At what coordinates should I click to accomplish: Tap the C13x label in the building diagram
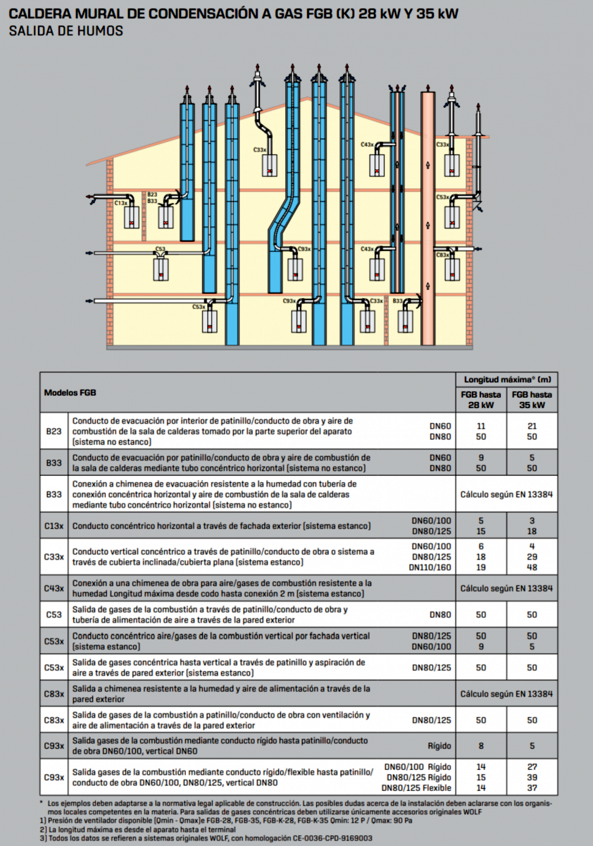pos(120,203)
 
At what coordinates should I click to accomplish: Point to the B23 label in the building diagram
pos(152,194)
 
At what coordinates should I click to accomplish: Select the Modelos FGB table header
pos(70,392)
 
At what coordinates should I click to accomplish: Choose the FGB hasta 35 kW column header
pos(532,400)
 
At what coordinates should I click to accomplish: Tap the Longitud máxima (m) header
pos(505,380)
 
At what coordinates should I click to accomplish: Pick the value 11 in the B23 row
pos(482,426)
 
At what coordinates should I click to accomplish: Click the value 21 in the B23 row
pos(532,426)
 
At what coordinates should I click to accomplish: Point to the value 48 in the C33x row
pos(532,567)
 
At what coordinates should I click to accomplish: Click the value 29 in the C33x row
pos(532,557)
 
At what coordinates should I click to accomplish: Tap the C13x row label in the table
pos(54,526)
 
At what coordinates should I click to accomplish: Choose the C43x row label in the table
pos(54,588)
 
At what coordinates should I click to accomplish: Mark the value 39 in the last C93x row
pos(532,777)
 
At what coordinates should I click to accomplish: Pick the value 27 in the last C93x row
pos(532,766)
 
